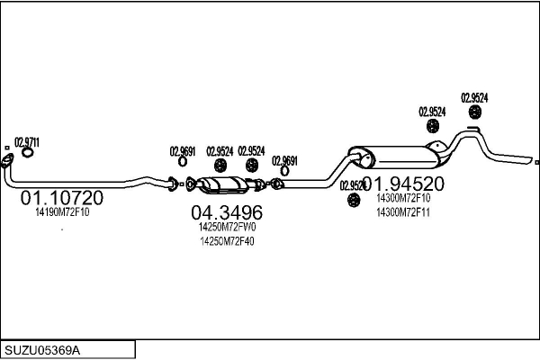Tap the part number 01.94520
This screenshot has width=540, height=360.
tap(415, 183)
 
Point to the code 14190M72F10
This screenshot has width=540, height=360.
tap(68, 213)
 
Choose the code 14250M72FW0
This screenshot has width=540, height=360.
tap(227, 228)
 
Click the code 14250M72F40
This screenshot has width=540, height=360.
tap(227, 241)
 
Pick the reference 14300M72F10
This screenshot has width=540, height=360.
tap(403, 198)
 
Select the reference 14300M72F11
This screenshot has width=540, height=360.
tap(403, 211)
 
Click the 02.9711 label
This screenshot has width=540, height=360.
tap(26, 142)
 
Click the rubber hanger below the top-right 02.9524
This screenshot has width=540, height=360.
tap(474, 112)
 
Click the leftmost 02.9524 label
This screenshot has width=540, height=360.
tap(220, 151)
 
